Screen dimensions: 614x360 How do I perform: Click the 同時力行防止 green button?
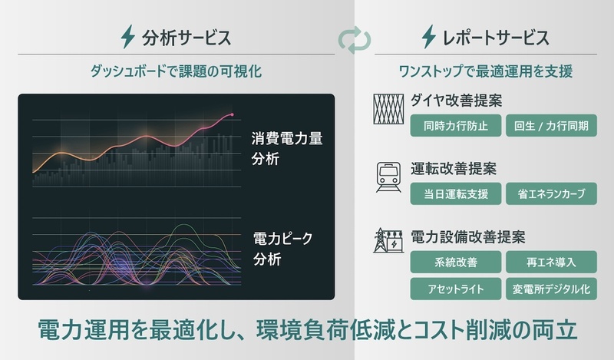(455, 126)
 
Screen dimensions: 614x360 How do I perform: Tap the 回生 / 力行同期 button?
(551, 126)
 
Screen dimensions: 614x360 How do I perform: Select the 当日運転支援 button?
(455, 193)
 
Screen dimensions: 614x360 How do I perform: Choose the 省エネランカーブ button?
(551, 193)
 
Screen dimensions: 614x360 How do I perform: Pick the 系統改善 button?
(455, 262)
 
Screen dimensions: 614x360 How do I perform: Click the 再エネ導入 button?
(551, 262)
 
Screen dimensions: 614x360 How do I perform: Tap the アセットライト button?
(455, 289)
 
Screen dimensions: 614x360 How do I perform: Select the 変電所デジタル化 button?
(551, 289)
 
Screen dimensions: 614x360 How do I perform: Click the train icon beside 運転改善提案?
(388, 177)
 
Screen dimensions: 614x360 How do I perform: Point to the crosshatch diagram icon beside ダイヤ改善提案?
(388, 109)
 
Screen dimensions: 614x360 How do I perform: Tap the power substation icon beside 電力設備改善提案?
(388, 240)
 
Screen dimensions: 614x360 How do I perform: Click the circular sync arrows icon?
(355, 40)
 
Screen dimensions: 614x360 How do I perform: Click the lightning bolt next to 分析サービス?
(127, 37)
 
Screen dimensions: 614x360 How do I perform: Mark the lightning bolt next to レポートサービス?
(429, 37)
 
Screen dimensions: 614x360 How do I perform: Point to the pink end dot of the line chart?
(233, 115)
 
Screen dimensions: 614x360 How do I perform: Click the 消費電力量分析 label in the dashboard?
(286, 148)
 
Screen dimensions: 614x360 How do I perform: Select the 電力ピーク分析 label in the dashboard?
(282, 249)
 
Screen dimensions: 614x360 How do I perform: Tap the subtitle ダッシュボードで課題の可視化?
(176, 71)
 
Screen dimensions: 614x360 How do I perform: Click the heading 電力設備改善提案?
(468, 237)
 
